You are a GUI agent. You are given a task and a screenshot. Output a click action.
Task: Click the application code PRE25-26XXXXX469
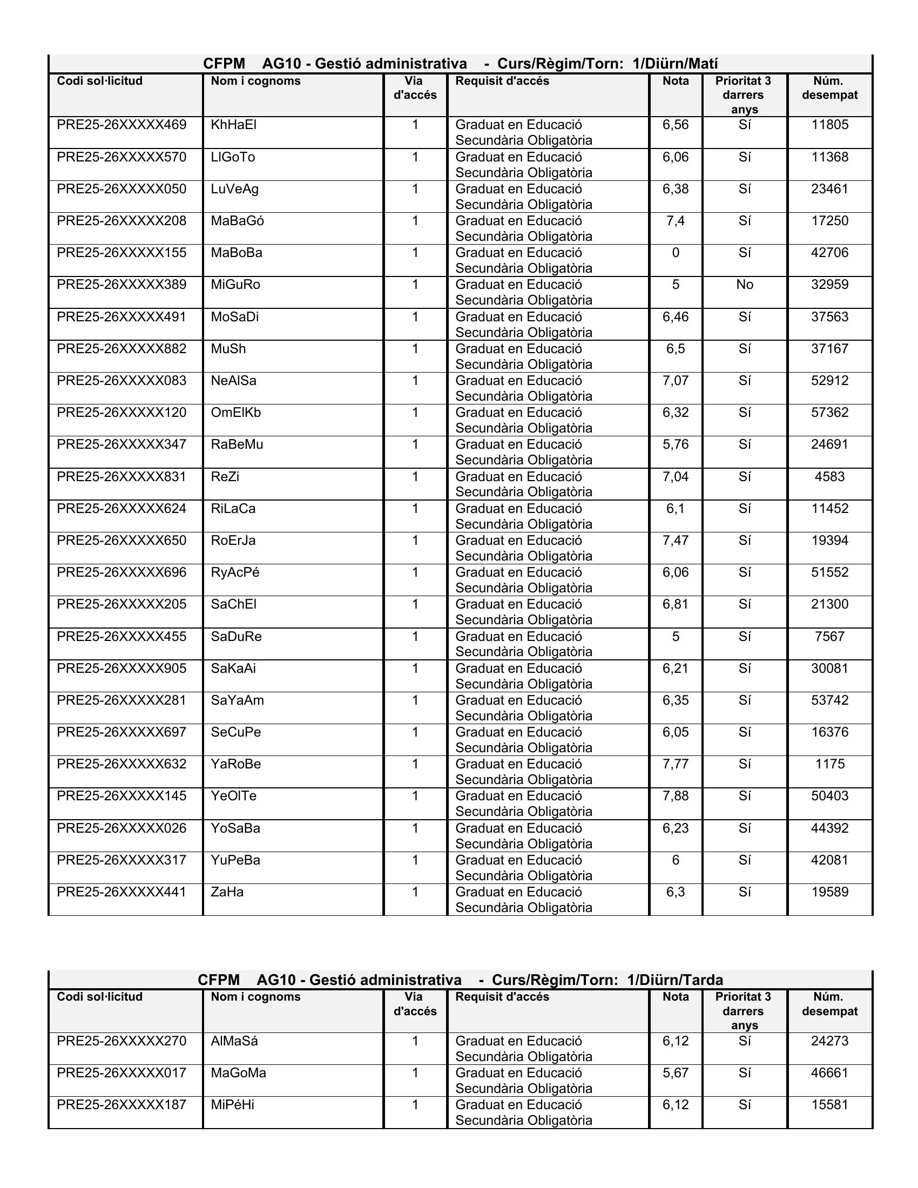[x=122, y=125]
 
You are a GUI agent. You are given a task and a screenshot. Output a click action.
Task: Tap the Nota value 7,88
[x=676, y=796]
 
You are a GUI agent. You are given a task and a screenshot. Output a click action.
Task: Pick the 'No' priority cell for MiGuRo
[x=745, y=285]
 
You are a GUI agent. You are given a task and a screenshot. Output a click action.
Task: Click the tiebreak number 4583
[x=829, y=476]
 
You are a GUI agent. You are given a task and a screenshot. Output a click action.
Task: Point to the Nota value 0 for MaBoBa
[x=676, y=252]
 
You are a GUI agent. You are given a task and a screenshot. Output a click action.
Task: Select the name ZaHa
[x=227, y=892]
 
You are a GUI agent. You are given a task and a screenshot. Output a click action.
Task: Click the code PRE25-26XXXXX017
[x=122, y=1072]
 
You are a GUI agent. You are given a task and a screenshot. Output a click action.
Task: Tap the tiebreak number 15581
[x=829, y=1105]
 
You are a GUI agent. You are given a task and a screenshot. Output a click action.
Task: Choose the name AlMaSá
[x=234, y=1041]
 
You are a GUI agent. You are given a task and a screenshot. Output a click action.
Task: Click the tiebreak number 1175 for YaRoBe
[x=829, y=764]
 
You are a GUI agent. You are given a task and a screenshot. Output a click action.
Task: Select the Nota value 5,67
[x=676, y=1072]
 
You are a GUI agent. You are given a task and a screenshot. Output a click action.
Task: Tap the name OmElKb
[x=235, y=413]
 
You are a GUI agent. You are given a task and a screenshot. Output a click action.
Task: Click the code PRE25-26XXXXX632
[x=122, y=764]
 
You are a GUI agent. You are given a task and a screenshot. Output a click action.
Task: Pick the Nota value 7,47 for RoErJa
[x=676, y=540]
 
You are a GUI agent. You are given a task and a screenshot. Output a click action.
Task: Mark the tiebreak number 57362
[x=829, y=413]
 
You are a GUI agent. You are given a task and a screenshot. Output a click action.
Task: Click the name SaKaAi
[x=233, y=668]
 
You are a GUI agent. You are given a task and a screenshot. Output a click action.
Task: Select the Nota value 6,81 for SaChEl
[x=676, y=604]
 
